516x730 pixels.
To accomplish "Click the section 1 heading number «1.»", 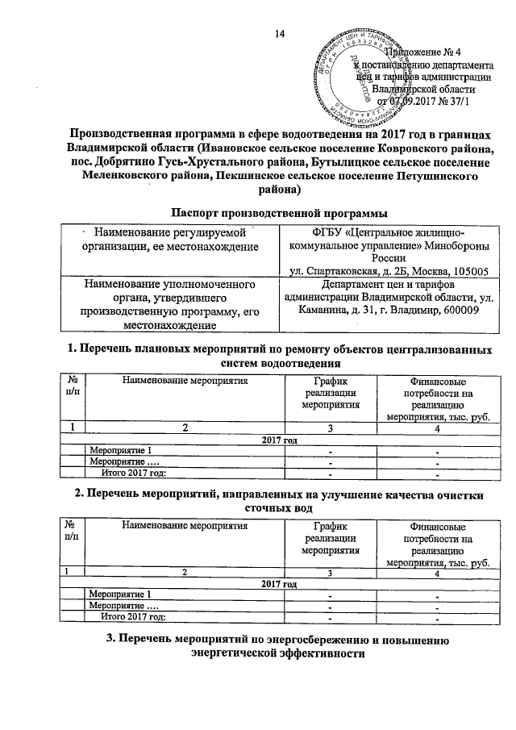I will [69, 349].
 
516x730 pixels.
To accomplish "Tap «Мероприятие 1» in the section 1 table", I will [119, 449].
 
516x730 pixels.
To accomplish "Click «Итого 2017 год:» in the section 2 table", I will [133, 617].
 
